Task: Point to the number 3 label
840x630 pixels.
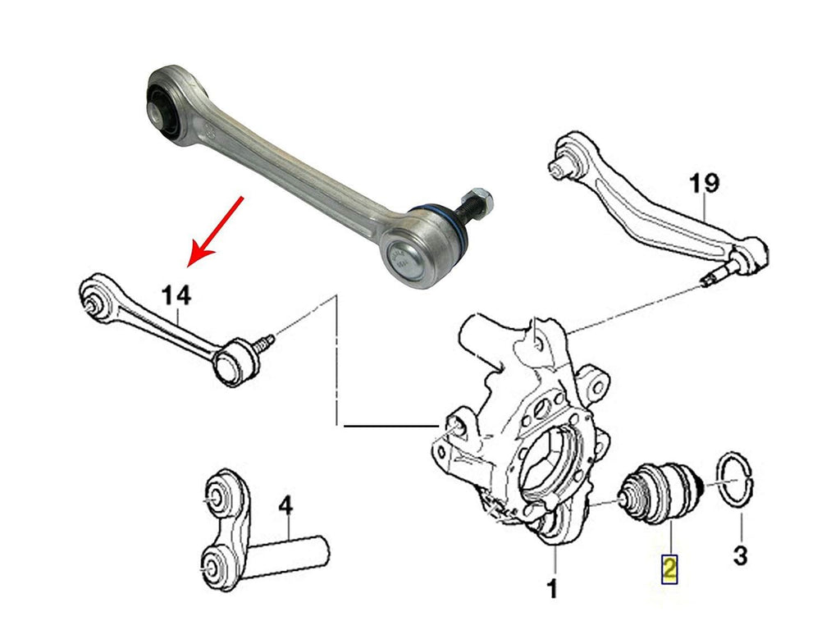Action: point(739,557)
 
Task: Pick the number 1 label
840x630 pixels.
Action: point(553,588)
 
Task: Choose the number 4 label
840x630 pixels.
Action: point(285,507)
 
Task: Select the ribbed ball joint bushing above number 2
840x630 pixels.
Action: point(661,492)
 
